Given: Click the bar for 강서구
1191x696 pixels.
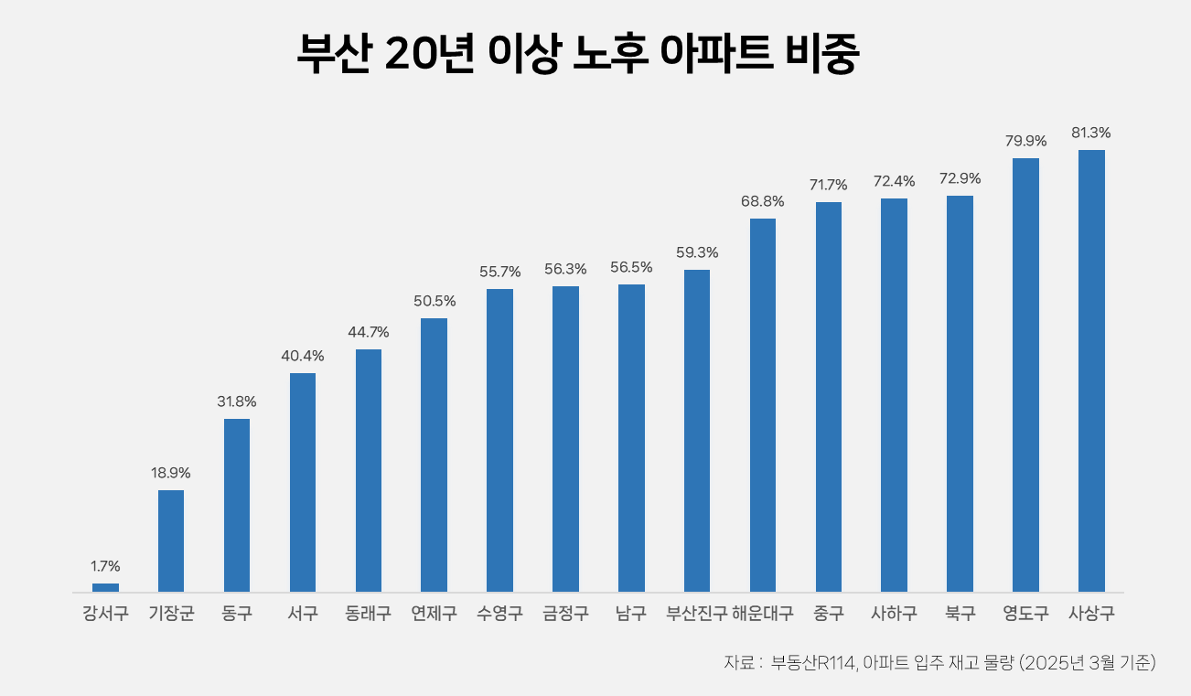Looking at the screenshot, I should click(105, 587).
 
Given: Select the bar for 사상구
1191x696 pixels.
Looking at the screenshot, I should click(1091, 370).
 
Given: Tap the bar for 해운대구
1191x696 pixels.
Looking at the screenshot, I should click(763, 405).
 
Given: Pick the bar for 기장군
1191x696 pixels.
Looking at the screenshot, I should click(171, 541).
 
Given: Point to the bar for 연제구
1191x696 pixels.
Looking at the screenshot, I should click(434, 455).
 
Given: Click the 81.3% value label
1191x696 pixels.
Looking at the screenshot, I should click(1091, 133).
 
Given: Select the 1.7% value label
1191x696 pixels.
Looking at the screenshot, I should click(105, 566).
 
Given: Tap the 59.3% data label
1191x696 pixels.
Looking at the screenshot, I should click(697, 252).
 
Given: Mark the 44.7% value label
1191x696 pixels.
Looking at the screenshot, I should click(368, 332).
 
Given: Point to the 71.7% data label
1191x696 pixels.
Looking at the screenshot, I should click(828, 185).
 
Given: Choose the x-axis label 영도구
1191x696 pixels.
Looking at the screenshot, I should click(1025, 613).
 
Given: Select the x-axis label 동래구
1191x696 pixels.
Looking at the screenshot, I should click(368, 613).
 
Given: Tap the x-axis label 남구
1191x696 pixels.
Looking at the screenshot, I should click(631, 613).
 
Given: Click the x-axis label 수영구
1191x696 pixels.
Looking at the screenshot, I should click(499, 613).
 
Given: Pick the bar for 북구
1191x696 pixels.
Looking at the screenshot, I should click(960, 393).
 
